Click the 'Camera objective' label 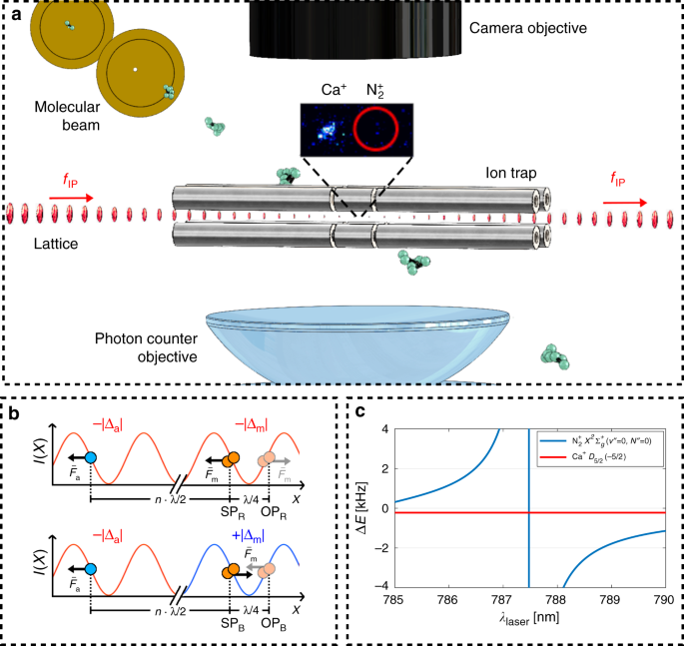[x=526, y=28]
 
